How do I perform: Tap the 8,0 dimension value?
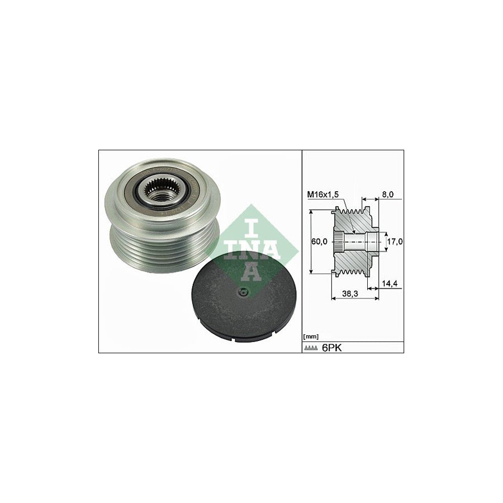tap(388, 194)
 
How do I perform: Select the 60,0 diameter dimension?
tap(320, 241)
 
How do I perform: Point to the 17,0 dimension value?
tap(395, 241)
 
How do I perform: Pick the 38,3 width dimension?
tap(350, 293)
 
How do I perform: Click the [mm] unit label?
tap(311, 336)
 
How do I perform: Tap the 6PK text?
tap(332, 348)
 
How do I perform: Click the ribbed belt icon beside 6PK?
tap(311, 348)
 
